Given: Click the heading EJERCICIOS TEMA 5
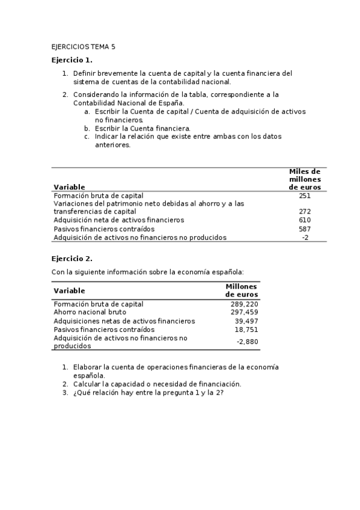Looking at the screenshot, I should (x=83, y=46).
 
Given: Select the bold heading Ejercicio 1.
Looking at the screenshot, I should (x=72, y=60).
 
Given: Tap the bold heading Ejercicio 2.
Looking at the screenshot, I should (x=72, y=259).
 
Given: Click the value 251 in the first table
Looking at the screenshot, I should (x=305, y=195).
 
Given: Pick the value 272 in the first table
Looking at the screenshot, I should (x=305, y=212).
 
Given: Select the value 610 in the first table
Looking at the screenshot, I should (x=305, y=220).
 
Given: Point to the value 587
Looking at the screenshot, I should (x=305, y=229).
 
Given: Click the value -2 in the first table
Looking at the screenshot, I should (x=305, y=237).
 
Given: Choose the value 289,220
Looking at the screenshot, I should (x=244, y=304).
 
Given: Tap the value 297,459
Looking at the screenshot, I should (x=244, y=313).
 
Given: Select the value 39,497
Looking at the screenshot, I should (x=246, y=321).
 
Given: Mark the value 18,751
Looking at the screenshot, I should (x=246, y=330).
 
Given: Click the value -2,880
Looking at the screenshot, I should (x=247, y=342).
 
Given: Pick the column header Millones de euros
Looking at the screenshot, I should (x=242, y=290).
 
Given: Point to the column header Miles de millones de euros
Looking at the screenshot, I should (x=305, y=179).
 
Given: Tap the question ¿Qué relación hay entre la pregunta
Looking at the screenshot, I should (x=148, y=393).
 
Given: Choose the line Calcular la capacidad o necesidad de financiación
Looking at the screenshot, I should (x=157, y=384).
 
